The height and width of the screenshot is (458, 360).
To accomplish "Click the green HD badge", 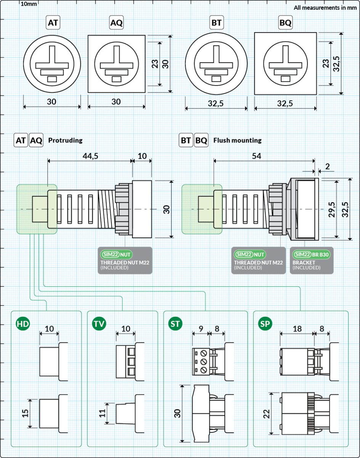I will point(22,324).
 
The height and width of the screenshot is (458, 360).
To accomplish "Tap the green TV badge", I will point(99,324).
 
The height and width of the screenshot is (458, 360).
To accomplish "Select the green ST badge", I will point(175,324).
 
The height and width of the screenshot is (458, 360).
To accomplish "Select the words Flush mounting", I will point(238,140).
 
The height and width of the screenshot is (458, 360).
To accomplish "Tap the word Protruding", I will point(65,140).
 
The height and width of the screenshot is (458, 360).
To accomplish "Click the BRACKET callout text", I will point(304,263).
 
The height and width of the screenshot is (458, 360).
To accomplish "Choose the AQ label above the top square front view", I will point(116,23).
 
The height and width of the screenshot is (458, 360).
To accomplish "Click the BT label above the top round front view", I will point(216,23).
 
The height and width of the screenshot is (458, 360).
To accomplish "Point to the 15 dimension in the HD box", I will point(25,413).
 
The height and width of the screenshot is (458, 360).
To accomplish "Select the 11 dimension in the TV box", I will point(101,413).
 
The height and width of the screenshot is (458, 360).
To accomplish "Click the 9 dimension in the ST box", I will point(201,329).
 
